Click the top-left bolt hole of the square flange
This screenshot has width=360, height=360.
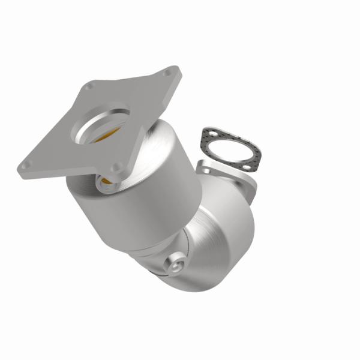pos(89,88)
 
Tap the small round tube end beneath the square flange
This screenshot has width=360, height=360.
pos(106,182)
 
